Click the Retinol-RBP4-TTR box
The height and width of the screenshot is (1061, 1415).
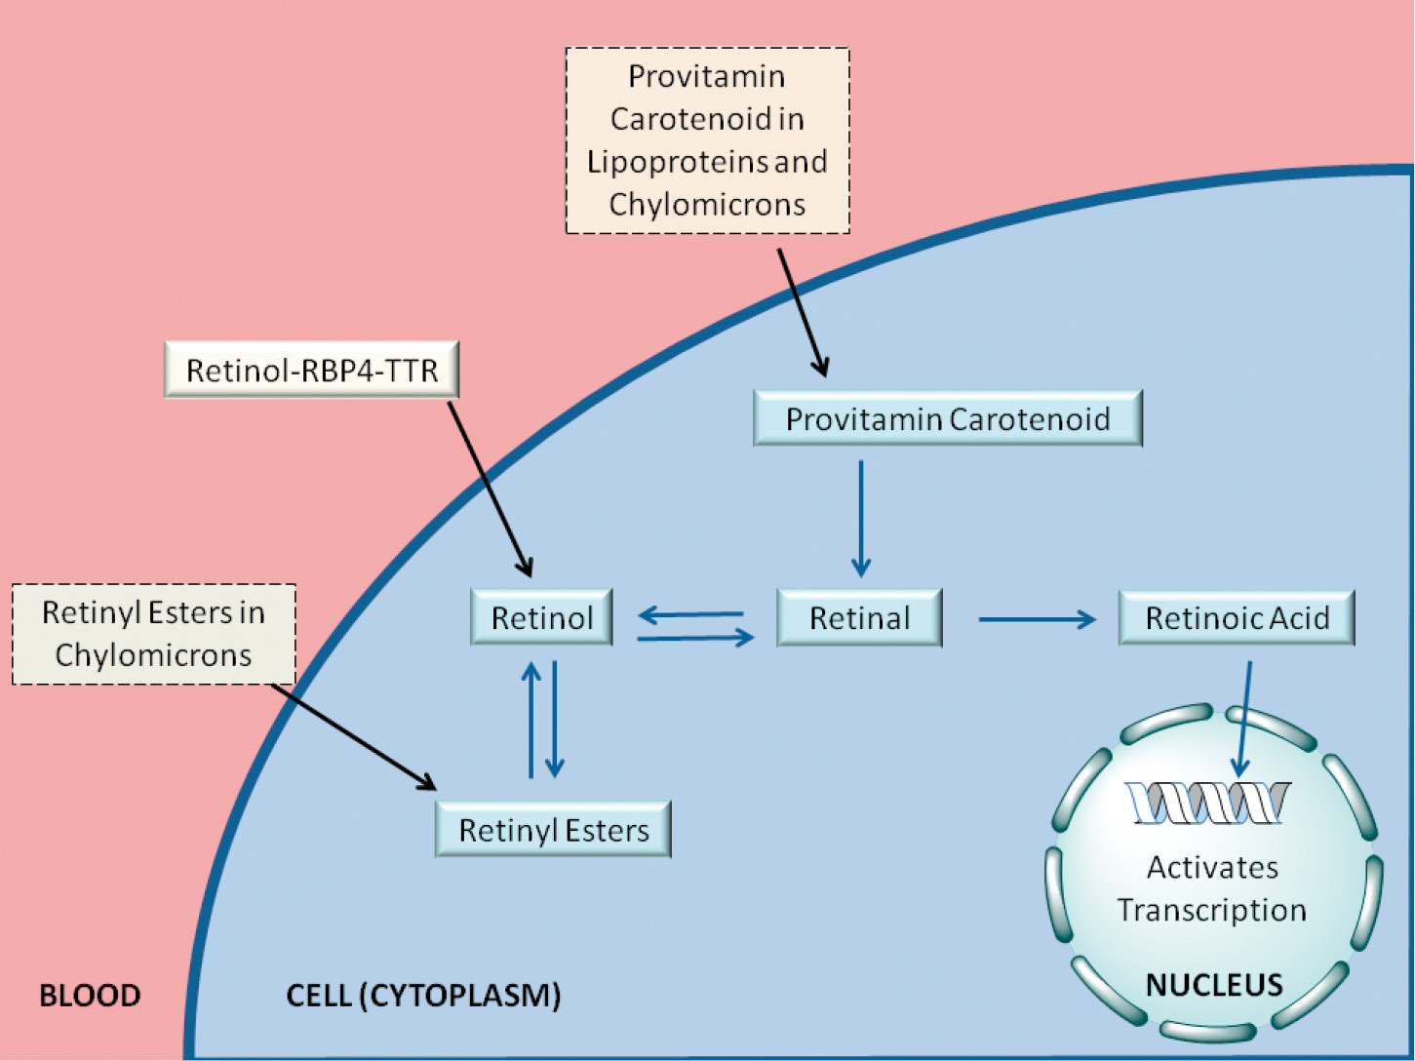pyautogui.click(x=311, y=370)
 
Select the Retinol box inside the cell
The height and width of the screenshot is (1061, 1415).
pyautogui.click(x=541, y=617)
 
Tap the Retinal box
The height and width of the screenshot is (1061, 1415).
pyautogui.click(x=859, y=617)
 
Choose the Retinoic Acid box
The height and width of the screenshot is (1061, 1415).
pyautogui.click(x=1237, y=617)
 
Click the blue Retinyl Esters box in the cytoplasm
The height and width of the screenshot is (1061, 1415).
pyautogui.click(x=553, y=829)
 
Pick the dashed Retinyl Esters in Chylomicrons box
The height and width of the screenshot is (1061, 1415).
pyautogui.click(x=153, y=634)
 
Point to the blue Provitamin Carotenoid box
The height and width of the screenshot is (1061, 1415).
pyautogui.click(x=948, y=417)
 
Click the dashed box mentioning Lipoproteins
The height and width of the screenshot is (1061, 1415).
pyautogui.click(x=707, y=139)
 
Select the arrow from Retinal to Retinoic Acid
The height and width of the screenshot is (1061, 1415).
pyautogui.click(x=1037, y=619)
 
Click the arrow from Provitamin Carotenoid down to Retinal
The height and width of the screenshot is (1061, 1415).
pyautogui.click(x=860, y=518)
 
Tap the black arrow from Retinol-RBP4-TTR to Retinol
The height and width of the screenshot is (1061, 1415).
pyautogui.click(x=490, y=489)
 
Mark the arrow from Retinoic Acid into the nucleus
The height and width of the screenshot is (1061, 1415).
pyautogui.click(x=1243, y=719)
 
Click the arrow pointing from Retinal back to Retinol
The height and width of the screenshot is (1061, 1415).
pyautogui.click(x=690, y=614)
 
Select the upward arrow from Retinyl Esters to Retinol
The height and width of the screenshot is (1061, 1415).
pyautogui.click(x=531, y=720)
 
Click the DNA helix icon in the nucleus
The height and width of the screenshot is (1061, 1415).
pyautogui.click(x=1207, y=803)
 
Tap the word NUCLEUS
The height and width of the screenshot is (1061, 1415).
pyautogui.click(x=1214, y=984)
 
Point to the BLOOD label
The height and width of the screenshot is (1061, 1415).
pyautogui.click(x=90, y=995)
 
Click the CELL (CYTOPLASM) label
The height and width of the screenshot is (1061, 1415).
pyautogui.click(x=423, y=995)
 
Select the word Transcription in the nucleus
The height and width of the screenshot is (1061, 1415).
pyautogui.click(x=1212, y=911)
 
